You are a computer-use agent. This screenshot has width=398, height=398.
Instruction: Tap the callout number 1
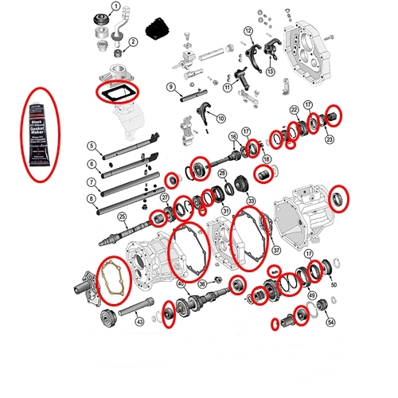[x=116, y=7]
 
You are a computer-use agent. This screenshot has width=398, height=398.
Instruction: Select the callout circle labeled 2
[x=133, y=41]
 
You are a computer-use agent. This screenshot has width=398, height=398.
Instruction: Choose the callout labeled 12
[x=248, y=31]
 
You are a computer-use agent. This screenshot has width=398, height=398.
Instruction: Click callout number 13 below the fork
[x=270, y=72]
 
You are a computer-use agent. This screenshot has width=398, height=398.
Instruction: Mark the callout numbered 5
[x=93, y=146]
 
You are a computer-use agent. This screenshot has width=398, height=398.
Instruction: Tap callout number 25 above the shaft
[x=122, y=217]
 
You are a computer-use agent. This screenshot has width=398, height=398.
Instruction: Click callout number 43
[x=140, y=322]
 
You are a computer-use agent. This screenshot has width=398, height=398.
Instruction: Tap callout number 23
[x=330, y=138]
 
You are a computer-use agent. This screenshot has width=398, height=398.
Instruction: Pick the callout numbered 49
[x=311, y=295]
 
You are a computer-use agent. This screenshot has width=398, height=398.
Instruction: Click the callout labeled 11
[x=228, y=88]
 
